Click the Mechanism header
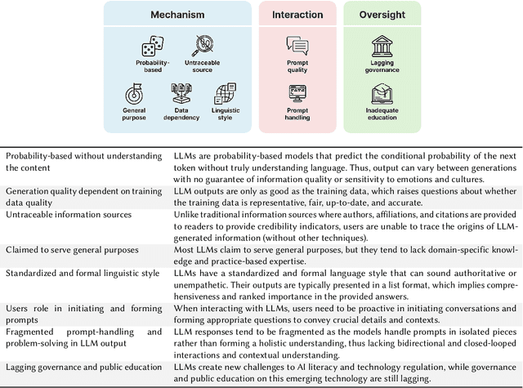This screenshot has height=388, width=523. pyautogui.click(x=177, y=15)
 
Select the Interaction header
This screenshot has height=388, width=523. pyautogui.click(x=297, y=15)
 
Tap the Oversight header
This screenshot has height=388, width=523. pyautogui.click(x=382, y=15)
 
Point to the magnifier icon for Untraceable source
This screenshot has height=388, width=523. pyautogui.click(x=202, y=46)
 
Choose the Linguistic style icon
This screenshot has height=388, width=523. pyautogui.click(x=225, y=94)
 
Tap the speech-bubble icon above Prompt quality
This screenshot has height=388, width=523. pyautogui.click(x=297, y=45)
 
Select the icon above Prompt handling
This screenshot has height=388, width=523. pyautogui.click(x=297, y=93)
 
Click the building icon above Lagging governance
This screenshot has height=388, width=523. pyautogui.click(x=382, y=45)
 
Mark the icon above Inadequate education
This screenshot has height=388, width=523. pyautogui.click(x=382, y=93)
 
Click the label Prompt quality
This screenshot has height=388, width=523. pyautogui.click(x=297, y=66)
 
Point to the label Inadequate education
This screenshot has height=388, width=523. pyautogui.click(x=382, y=114)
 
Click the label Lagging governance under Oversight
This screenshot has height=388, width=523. pyautogui.click(x=382, y=66)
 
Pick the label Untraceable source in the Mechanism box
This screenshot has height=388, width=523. pyautogui.click(x=202, y=66)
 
